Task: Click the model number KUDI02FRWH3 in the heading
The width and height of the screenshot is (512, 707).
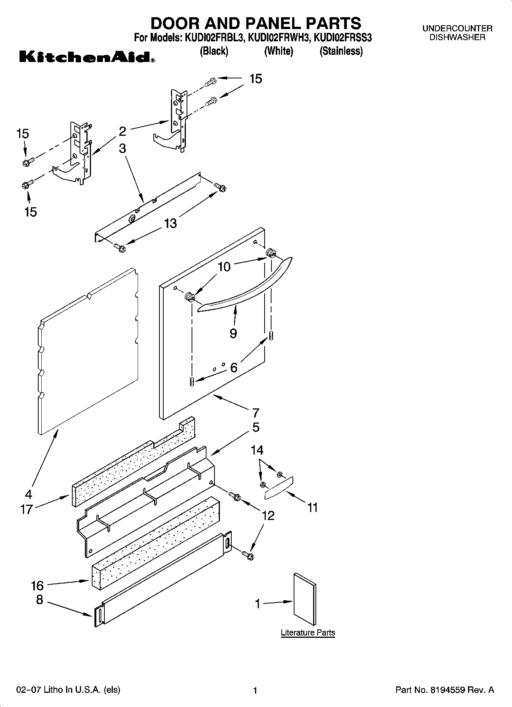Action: [x=278, y=38]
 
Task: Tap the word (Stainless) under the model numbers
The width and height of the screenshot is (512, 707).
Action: [x=341, y=51]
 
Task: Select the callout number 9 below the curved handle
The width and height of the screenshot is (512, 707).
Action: [x=233, y=333]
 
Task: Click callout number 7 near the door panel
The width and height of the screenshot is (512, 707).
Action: [x=255, y=413]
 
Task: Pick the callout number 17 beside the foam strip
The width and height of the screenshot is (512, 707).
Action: [x=27, y=509]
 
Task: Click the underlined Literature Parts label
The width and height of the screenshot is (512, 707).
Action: [x=307, y=632]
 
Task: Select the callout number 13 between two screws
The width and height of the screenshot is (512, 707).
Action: [x=171, y=223]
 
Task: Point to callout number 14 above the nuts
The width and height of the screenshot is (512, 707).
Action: [x=257, y=450]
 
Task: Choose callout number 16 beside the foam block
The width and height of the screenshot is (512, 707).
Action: [x=37, y=585]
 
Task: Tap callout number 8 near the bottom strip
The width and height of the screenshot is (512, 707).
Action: [x=39, y=600]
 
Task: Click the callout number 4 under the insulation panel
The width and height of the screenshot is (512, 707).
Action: [x=28, y=494]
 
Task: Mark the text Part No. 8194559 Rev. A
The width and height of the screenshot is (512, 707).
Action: [x=444, y=690]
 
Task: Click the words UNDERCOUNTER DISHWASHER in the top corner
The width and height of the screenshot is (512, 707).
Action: [x=457, y=33]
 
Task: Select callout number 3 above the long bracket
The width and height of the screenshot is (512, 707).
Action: [x=122, y=148]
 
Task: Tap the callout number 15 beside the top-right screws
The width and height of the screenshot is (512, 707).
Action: [x=255, y=79]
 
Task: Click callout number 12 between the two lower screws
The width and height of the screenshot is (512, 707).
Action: [x=268, y=515]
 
